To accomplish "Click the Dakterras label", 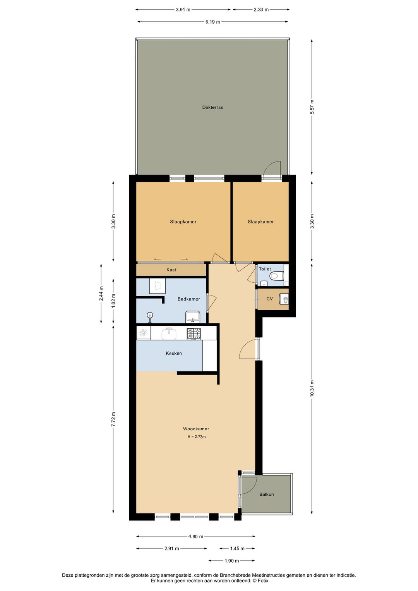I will [x=212, y=107].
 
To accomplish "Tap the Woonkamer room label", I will [x=196, y=429].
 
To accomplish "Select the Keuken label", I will [x=173, y=353].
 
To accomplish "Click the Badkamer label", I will [x=188, y=299].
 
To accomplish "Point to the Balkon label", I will [x=266, y=494].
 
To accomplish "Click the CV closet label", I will [x=269, y=299].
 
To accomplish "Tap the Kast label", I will [x=171, y=270].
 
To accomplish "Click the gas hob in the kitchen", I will [x=194, y=333].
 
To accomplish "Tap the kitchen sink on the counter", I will [x=169, y=333].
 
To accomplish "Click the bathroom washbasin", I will [x=192, y=317].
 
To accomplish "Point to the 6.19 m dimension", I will [x=212, y=22].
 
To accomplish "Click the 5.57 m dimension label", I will [x=312, y=107].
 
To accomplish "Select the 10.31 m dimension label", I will [x=312, y=388].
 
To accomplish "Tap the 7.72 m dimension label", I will [x=113, y=419].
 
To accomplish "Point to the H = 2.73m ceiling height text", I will [x=196, y=436].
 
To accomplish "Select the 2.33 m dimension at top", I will [x=261, y=10].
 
